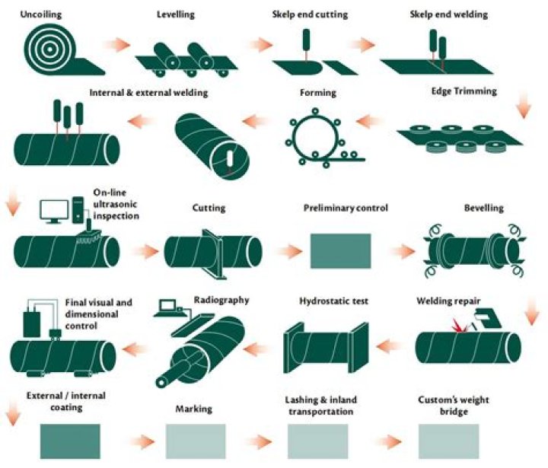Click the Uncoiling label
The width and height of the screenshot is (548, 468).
(x=41, y=14)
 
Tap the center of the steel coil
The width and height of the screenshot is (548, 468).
(x=50, y=49)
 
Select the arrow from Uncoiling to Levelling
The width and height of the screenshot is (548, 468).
(x=116, y=45)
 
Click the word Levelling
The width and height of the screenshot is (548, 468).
(x=176, y=14)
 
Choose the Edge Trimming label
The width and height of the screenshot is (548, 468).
(x=464, y=91)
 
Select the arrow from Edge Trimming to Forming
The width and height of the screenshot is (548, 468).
(x=368, y=122)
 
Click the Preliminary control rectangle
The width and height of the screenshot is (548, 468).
(x=341, y=251)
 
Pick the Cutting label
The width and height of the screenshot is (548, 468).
(x=209, y=208)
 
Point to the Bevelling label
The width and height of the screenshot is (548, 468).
(x=484, y=208)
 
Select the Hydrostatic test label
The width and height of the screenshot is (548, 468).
(x=334, y=301)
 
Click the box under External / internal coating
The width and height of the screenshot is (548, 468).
(x=70, y=441)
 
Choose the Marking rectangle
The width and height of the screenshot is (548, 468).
(x=196, y=441)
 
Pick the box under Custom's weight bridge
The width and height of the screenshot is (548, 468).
(x=448, y=441)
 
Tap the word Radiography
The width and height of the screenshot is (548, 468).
(x=221, y=301)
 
